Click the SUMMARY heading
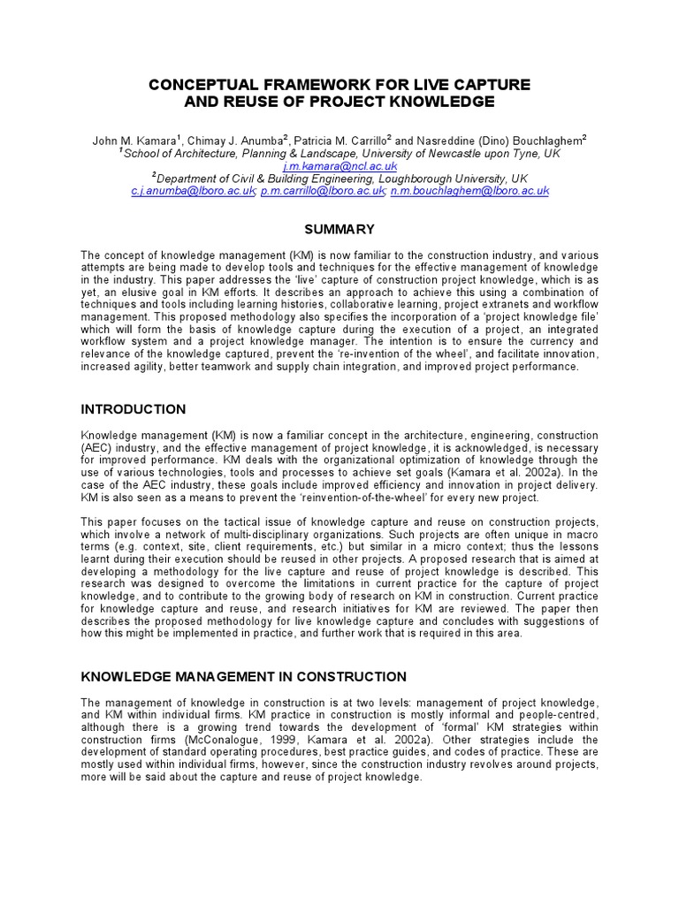pyautogui.click(x=339, y=229)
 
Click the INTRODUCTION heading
pyautogui.click(x=134, y=409)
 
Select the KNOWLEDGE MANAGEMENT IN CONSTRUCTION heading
pyautogui.click(x=244, y=677)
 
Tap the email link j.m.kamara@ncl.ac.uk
pyautogui.click(x=339, y=165)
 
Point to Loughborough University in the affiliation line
pyautogui.click(x=460, y=178)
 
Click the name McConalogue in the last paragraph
pyautogui.click(x=228, y=740)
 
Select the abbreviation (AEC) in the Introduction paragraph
pyautogui.click(x=95, y=448)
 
